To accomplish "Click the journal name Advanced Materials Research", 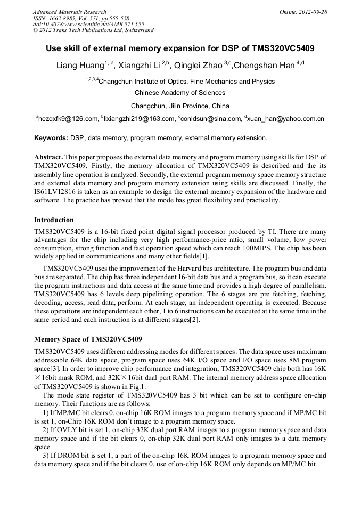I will (x=69, y=12).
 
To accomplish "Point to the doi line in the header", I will (x=88, y=24).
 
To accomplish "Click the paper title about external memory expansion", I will (x=180, y=48).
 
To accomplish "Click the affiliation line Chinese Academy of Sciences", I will (x=180, y=93).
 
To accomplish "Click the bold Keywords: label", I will (x=51, y=138).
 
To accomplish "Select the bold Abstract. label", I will (x=48, y=157).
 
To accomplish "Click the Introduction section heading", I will (x=54, y=220).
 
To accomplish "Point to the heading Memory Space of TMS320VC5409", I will (x=88, y=339).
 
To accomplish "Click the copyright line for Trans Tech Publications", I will (x=93, y=30).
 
